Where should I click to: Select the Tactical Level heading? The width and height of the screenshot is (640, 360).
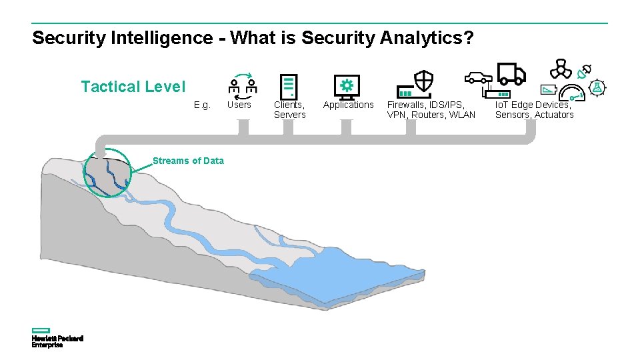pyautogui.click(x=133, y=87)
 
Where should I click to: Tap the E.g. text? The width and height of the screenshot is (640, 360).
pyautogui.click(x=202, y=105)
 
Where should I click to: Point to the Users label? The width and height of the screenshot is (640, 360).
pyautogui.click(x=239, y=105)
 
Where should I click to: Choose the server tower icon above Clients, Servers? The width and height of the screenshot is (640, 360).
pyautogui.click(x=289, y=86)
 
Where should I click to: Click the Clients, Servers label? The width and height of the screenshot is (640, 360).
pyautogui.click(x=290, y=109)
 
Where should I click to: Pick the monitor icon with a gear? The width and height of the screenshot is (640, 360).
pyautogui.click(x=347, y=87)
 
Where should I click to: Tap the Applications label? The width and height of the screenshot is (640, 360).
pyautogui.click(x=349, y=105)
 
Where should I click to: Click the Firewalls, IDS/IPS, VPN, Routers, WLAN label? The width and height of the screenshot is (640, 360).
pyautogui.click(x=431, y=109)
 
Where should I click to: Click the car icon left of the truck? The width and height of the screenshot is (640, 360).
pyautogui.click(x=477, y=76)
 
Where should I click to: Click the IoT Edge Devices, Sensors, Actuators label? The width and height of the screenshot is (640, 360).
pyautogui.click(x=534, y=109)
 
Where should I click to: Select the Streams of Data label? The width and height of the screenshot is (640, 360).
pyautogui.click(x=188, y=161)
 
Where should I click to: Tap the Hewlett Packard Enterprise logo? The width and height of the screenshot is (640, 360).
pyautogui.click(x=57, y=337)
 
